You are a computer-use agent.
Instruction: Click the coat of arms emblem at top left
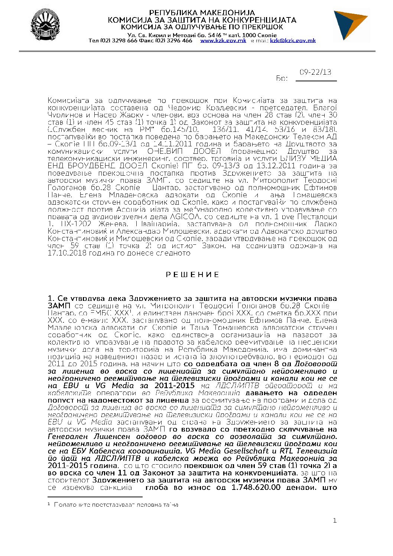click(45, 25)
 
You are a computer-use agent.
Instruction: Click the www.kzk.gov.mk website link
click(223, 40)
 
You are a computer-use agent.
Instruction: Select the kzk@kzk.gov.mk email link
click(293, 40)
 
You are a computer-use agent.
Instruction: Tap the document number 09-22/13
click(315, 72)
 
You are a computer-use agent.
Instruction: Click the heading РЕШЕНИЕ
click(192, 275)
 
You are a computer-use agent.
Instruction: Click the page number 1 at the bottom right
click(334, 521)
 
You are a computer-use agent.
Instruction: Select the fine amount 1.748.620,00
click(256, 487)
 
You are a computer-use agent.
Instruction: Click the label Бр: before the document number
click(282, 79)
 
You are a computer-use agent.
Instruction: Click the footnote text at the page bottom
click(116, 505)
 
